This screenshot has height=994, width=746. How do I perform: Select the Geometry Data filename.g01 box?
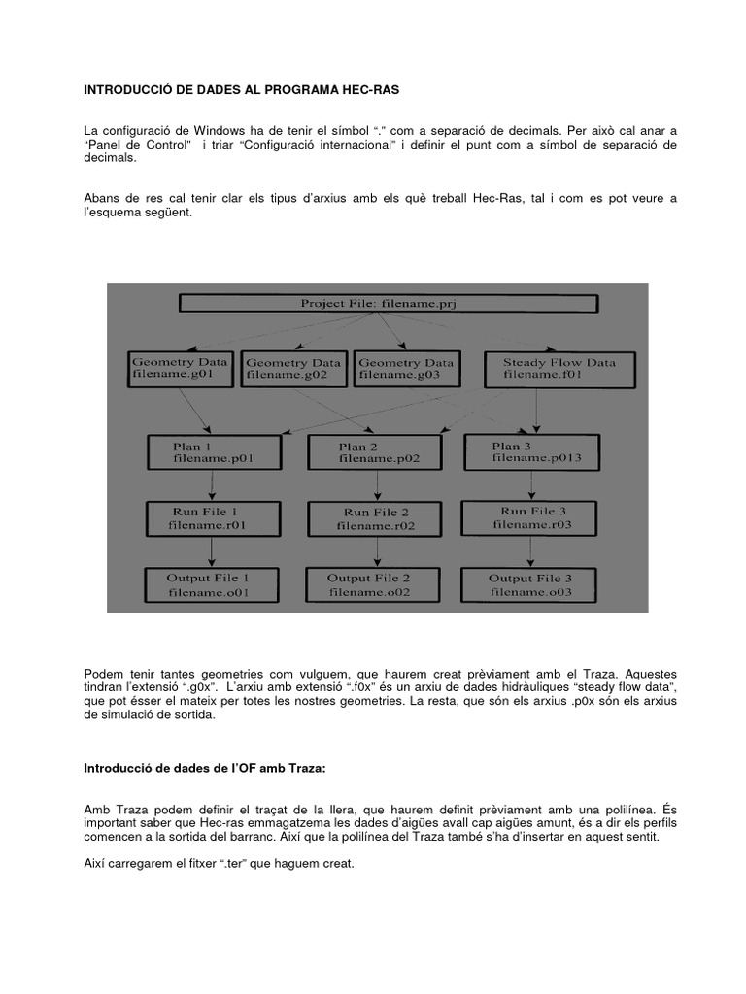pos(180,369)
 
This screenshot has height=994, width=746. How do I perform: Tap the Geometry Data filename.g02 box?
pos(292,369)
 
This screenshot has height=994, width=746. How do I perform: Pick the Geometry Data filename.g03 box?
pos(405,369)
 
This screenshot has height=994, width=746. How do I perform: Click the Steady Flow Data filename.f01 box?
pos(559,369)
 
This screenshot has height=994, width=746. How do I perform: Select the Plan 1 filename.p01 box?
pos(214,452)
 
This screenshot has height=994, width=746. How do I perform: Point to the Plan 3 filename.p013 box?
pos(530,451)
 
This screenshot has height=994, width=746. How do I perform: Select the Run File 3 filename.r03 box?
pos(529,517)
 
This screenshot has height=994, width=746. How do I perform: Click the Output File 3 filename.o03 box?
pos(529,583)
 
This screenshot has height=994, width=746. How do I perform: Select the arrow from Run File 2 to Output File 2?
pos(376,551)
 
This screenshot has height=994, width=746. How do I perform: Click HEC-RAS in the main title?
pos(368,89)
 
